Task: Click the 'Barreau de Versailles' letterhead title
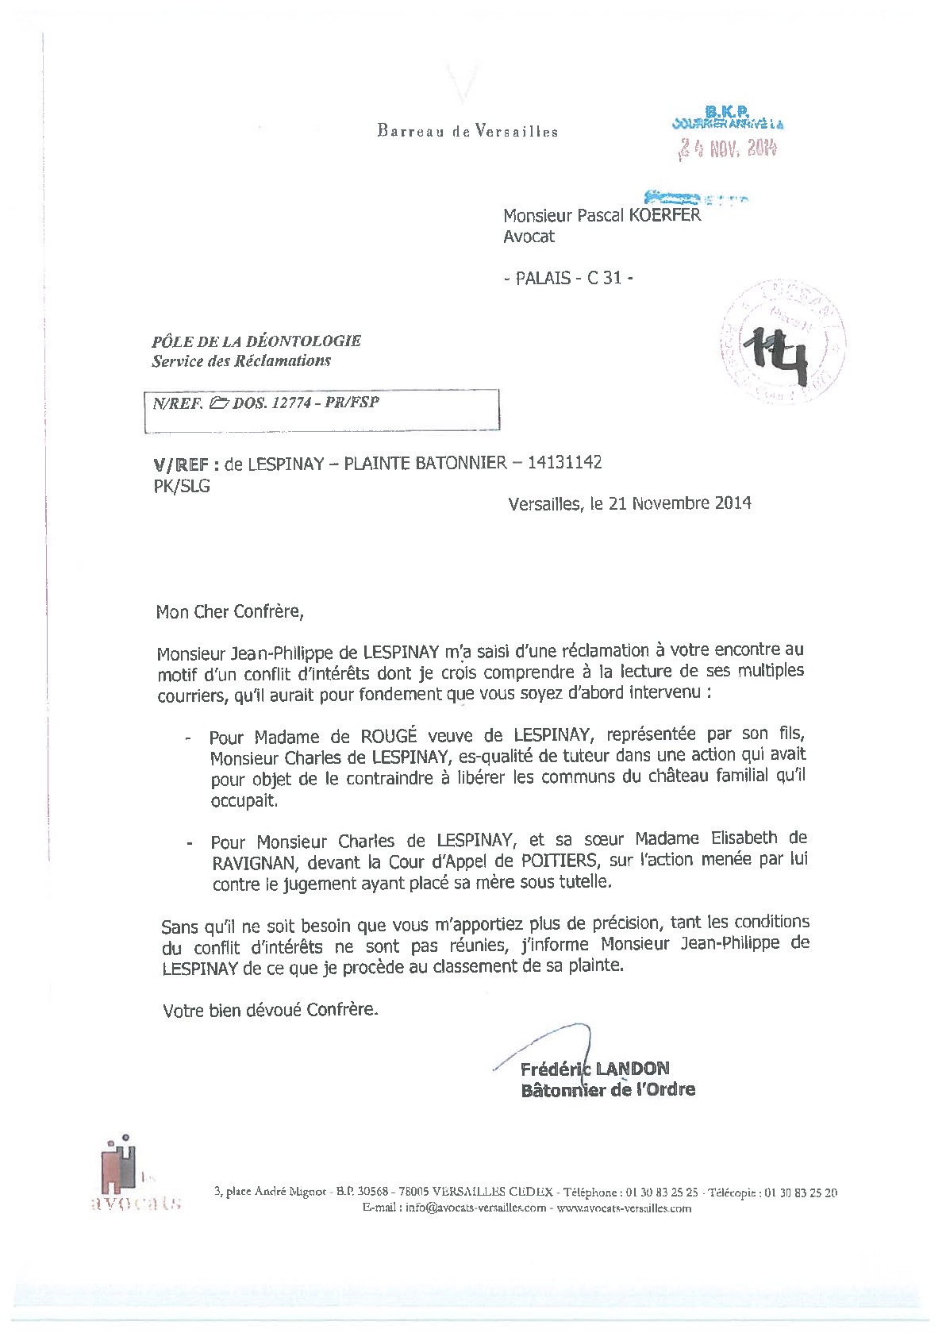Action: (x=467, y=131)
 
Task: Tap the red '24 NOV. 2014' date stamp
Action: (x=727, y=148)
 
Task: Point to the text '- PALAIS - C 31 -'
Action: (x=569, y=278)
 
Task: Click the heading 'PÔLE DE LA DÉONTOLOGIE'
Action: (x=256, y=341)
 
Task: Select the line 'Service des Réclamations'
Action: (x=241, y=360)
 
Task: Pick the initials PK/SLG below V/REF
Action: (x=182, y=486)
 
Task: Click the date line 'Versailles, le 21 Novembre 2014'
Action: (x=629, y=503)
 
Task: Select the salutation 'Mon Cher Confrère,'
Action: (x=229, y=611)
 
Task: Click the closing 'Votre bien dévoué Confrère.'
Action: (x=271, y=1010)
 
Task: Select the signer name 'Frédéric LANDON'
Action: (x=595, y=1069)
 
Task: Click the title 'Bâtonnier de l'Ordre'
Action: (x=608, y=1090)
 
